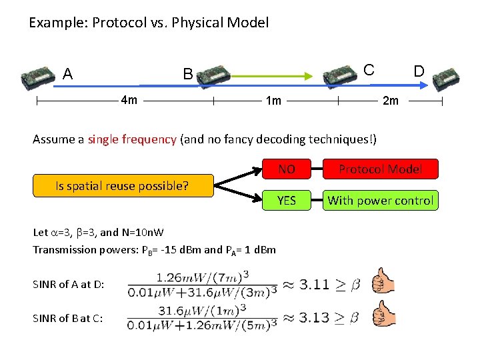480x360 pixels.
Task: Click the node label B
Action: tap(188, 74)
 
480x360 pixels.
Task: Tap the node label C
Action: tap(368, 69)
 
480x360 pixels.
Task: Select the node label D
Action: tap(419, 71)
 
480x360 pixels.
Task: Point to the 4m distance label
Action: tap(129, 101)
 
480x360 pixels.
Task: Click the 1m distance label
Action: tap(273, 101)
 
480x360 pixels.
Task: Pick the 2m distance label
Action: tap(390, 101)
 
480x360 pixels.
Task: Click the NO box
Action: tap(287, 169)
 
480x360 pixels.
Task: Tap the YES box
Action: tap(287, 200)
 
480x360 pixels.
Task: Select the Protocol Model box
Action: tap(380, 169)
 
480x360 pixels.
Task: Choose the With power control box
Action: tap(380, 200)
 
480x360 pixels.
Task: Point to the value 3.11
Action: tap(314, 285)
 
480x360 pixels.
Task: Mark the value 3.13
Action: tap(314, 317)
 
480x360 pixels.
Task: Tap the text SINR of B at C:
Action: tap(67, 319)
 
